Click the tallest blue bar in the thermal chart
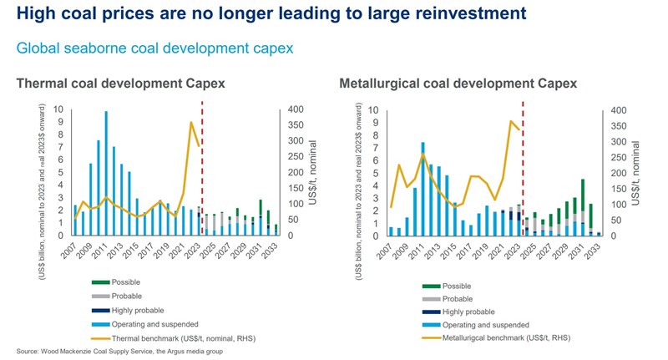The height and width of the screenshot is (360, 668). click(106, 174)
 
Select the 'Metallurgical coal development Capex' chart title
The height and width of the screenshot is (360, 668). click(458, 84)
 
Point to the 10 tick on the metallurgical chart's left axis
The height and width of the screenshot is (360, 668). click(373, 110)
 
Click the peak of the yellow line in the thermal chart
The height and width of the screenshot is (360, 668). click(191, 123)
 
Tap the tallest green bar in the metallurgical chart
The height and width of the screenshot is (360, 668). click(583, 199)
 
